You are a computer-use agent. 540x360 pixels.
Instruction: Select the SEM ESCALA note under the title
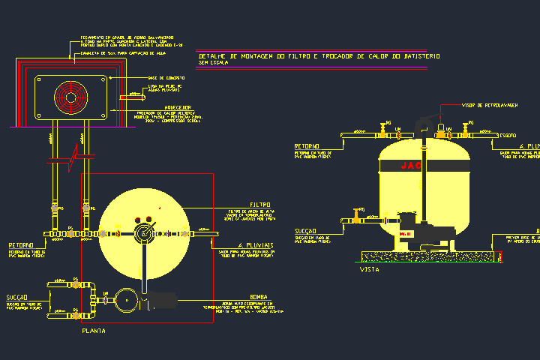pyautogui.click(x=214, y=63)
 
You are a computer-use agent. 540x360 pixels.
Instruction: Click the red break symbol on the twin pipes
pyautogui.click(x=70, y=156)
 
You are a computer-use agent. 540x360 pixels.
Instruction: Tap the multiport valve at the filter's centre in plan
pyautogui.click(x=142, y=232)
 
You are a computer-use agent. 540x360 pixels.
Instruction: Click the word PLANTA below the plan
pyautogui.click(x=94, y=330)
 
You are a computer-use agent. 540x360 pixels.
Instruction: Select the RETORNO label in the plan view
pyautogui.click(x=20, y=245)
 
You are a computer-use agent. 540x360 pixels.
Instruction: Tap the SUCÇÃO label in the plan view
pyautogui.click(x=17, y=298)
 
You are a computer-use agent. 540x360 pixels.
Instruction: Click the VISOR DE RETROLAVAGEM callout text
pyautogui.click(x=488, y=106)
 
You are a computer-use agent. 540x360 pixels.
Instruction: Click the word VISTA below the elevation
pyautogui.click(x=369, y=268)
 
